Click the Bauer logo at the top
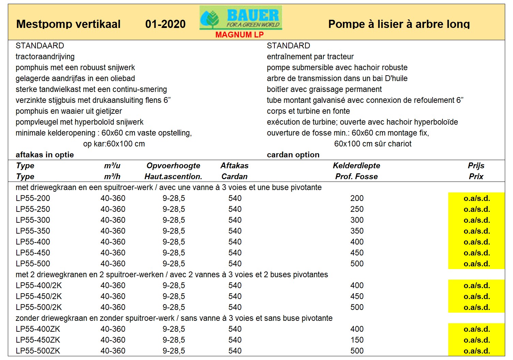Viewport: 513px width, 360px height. [x=241, y=18]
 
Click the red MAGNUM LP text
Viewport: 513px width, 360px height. [x=239, y=35]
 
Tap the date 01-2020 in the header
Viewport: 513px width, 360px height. [x=165, y=24]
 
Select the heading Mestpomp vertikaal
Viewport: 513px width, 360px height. [x=68, y=24]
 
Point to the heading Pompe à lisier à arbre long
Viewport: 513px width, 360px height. [x=399, y=24]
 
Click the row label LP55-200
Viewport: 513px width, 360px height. [x=33, y=198]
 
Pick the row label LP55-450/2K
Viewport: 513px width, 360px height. [x=39, y=296]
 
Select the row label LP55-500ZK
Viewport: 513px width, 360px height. [x=38, y=351]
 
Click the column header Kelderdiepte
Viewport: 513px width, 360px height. [x=356, y=166]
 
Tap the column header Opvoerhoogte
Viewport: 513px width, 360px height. [x=173, y=166]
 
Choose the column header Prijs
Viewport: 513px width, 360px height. [x=476, y=166]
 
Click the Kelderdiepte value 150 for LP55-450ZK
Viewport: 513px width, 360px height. [x=357, y=340]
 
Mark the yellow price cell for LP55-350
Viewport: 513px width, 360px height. [x=476, y=231]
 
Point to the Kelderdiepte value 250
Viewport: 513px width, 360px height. [x=357, y=209]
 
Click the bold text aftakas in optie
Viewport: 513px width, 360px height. [x=45, y=155]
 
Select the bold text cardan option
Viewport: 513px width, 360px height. [x=293, y=155]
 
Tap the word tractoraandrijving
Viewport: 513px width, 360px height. [x=45, y=57]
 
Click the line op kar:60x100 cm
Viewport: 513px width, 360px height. [x=114, y=144]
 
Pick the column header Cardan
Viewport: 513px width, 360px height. [x=234, y=176]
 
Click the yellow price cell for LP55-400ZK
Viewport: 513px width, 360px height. [x=476, y=329]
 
